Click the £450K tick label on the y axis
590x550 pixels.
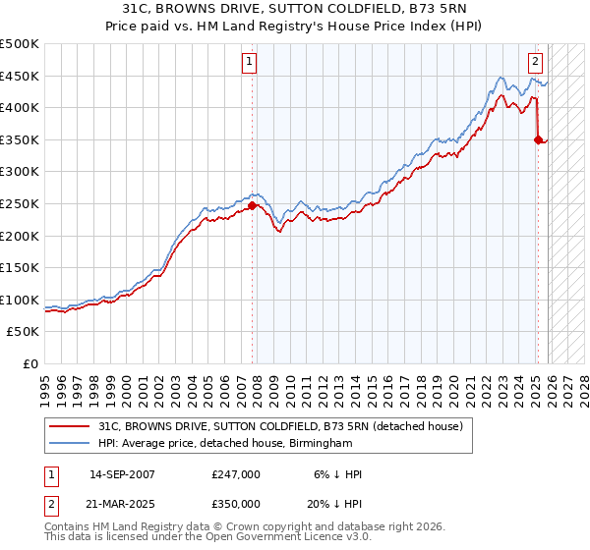coord(20,76)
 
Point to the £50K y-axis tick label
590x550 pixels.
coord(24,332)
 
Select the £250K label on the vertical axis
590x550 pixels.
coord(20,203)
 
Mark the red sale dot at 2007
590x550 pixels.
coord(252,205)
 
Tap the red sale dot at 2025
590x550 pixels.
coord(538,139)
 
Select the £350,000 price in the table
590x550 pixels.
coord(236,503)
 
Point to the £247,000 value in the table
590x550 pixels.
coord(236,474)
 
